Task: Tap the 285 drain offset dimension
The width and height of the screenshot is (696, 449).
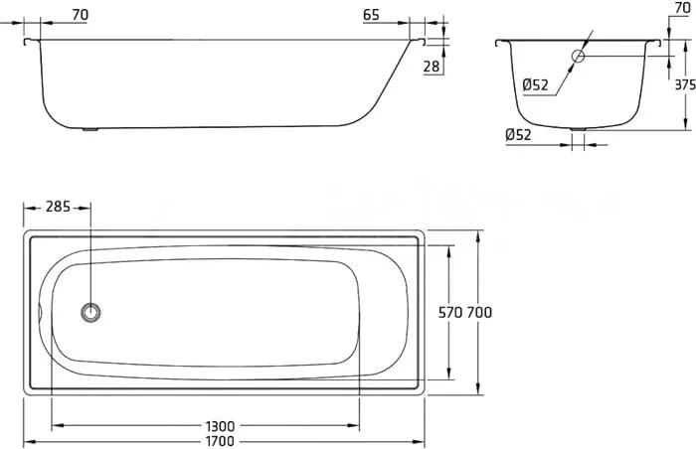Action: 58,208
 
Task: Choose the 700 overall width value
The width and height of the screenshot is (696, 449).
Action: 479,312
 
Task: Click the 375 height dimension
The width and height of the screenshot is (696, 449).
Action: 684,85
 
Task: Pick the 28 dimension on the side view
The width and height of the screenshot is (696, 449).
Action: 431,67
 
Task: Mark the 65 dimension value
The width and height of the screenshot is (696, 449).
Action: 370,15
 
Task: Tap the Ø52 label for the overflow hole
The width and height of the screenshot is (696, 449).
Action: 535,85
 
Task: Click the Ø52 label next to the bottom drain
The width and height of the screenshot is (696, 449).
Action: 518,134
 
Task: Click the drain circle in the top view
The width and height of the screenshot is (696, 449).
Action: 91,312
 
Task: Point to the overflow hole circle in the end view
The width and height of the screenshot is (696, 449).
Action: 579,57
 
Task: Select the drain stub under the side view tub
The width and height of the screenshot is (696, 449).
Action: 92,128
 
